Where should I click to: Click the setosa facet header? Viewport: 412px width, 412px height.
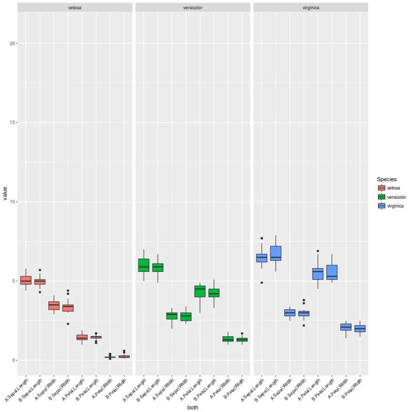(x=75, y=7)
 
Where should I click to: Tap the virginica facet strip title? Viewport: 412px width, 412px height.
(x=311, y=7)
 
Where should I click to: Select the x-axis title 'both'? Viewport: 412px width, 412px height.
(x=193, y=407)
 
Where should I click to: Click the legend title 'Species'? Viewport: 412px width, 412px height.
(x=387, y=179)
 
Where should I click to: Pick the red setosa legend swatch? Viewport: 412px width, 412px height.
(x=382, y=188)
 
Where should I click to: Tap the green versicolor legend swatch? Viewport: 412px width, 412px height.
(x=382, y=197)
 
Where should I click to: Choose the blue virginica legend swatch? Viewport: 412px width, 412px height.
(x=382, y=205)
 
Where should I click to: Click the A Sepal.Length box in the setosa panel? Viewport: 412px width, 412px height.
(x=26, y=280)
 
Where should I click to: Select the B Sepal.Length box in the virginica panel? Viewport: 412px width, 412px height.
(x=276, y=253)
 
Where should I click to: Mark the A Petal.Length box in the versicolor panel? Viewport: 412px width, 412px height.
(x=200, y=291)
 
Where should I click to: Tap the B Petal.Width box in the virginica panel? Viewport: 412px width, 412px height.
(x=360, y=329)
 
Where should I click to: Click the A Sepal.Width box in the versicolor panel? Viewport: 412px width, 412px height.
(x=172, y=316)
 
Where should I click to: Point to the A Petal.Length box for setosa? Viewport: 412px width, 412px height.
(x=82, y=337)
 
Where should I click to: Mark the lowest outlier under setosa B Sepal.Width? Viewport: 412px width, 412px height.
(x=68, y=324)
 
